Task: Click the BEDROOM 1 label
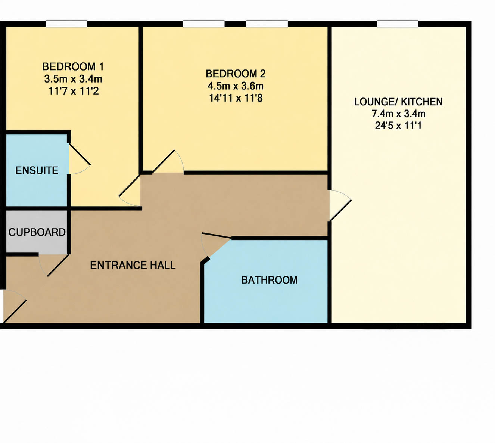click(x=73, y=67)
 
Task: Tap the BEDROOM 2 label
click(x=236, y=74)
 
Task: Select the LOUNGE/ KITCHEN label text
click(x=398, y=102)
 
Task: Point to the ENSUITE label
click(x=37, y=170)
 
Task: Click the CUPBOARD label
click(x=37, y=232)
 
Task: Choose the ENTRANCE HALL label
click(x=133, y=265)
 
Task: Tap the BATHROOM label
click(x=270, y=280)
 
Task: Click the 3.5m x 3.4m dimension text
click(x=73, y=79)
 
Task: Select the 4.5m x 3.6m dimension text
click(x=236, y=86)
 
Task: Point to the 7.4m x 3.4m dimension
click(x=398, y=114)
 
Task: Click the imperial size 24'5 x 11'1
click(x=398, y=126)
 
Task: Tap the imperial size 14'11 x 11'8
click(x=236, y=98)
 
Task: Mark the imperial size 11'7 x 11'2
click(x=74, y=91)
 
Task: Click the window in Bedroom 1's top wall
click(x=66, y=24)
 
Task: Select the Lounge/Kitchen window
click(x=398, y=24)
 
